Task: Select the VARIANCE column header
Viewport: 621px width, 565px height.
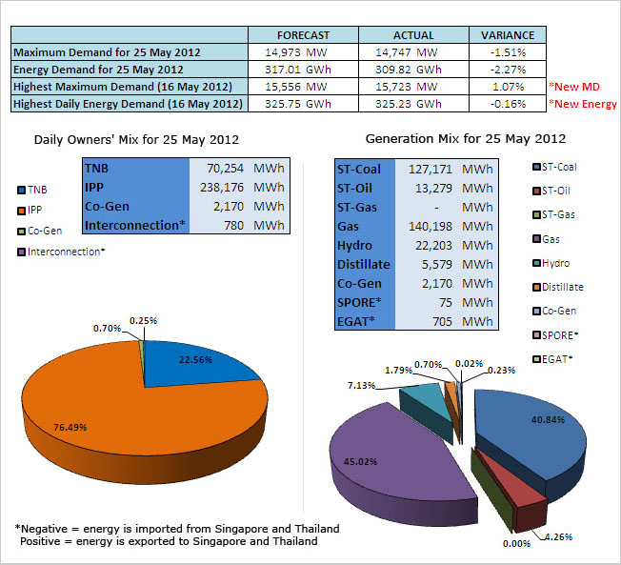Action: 507,35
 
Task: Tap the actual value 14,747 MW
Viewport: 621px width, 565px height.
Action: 411,52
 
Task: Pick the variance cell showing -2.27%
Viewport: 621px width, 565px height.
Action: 507,70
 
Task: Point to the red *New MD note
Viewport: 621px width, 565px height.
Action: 579,87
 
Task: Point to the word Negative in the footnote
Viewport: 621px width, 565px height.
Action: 49,528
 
